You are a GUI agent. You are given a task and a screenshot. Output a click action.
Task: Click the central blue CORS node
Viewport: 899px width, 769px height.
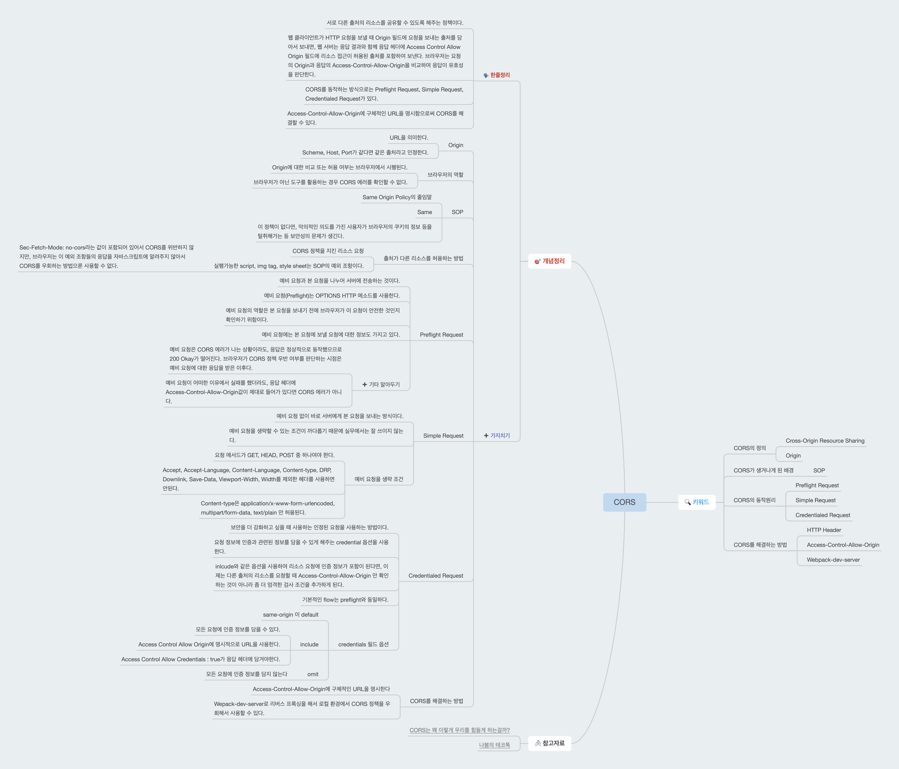point(624,502)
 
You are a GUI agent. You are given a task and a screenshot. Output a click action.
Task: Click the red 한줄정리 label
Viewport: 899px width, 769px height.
point(500,75)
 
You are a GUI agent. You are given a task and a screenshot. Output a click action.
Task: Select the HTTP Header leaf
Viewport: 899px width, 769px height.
point(824,530)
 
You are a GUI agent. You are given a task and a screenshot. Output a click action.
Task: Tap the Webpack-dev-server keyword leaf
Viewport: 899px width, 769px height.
point(833,560)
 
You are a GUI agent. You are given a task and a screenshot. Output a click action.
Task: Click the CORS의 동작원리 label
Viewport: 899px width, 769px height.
point(754,500)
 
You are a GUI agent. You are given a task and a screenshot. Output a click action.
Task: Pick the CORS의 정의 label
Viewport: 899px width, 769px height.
point(749,448)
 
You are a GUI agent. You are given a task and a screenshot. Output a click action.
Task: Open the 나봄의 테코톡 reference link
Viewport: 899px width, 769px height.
point(494,745)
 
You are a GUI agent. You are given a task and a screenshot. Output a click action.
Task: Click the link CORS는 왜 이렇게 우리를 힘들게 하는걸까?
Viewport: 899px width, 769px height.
point(460,730)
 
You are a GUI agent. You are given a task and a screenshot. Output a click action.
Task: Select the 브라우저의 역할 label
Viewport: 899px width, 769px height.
point(445,175)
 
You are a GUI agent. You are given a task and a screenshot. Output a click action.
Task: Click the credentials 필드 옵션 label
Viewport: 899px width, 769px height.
point(363,644)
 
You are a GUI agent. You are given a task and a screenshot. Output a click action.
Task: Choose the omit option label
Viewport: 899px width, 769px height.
point(313,674)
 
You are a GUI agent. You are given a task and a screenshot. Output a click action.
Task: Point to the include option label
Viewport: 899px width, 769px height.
point(309,644)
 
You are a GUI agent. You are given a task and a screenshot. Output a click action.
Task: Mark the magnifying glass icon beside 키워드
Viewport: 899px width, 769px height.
point(687,502)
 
